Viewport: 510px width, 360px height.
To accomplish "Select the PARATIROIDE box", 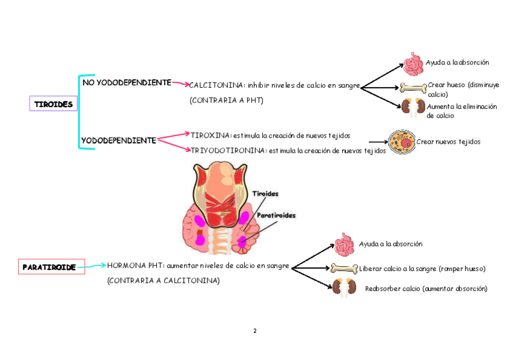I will click(x=49, y=267).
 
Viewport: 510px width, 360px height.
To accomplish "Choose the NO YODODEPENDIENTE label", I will click(x=126, y=82).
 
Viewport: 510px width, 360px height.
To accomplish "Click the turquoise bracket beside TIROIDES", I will click(x=79, y=112).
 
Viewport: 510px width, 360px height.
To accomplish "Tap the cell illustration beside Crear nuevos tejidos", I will click(x=401, y=142).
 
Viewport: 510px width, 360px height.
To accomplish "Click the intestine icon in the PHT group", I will click(x=345, y=245).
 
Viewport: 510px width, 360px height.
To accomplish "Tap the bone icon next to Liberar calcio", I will click(x=345, y=269).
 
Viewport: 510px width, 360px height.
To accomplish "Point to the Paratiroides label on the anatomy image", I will click(x=276, y=215).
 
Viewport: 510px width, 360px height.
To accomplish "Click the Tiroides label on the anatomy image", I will click(x=265, y=194).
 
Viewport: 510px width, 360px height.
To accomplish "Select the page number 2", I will click(x=255, y=331).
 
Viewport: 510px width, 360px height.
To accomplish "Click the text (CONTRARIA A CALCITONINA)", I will click(x=163, y=281).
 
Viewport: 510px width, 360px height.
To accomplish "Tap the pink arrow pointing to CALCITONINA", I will click(x=180, y=84).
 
